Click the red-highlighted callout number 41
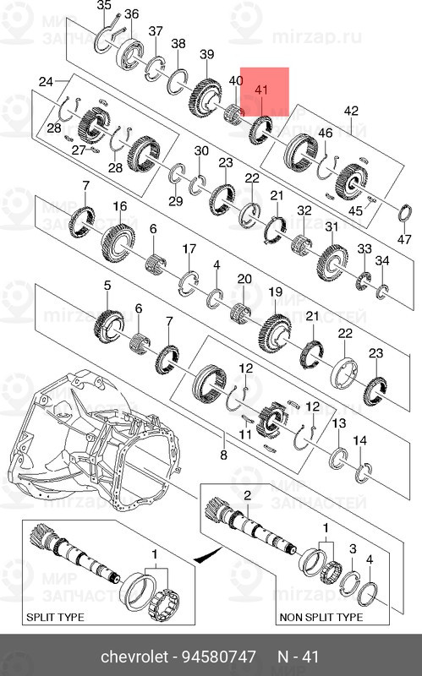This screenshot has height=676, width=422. (x=261, y=90)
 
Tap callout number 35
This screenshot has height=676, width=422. (x=104, y=5)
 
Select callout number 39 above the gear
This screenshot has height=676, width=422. (x=207, y=54)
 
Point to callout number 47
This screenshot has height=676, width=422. (x=404, y=239)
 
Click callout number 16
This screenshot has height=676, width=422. (x=120, y=206)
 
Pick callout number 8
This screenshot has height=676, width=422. (x=223, y=455)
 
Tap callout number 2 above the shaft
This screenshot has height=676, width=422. (x=247, y=495)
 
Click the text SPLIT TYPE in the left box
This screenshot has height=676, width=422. (x=55, y=617)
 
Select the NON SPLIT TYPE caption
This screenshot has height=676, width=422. (x=321, y=617)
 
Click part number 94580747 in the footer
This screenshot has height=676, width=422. (x=219, y=657)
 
